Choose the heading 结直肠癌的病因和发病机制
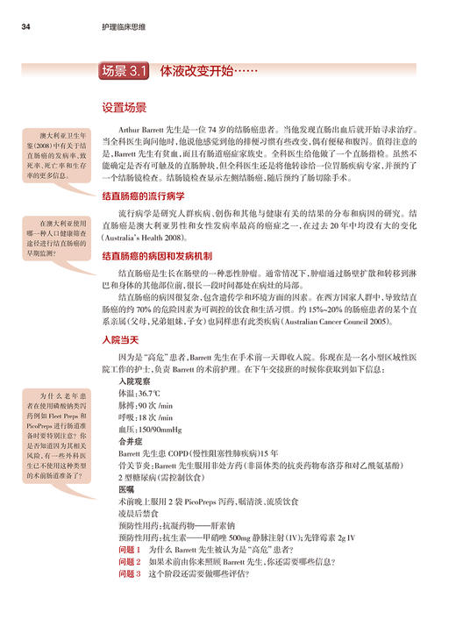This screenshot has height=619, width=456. pyautogui.click(x=155, y=256)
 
